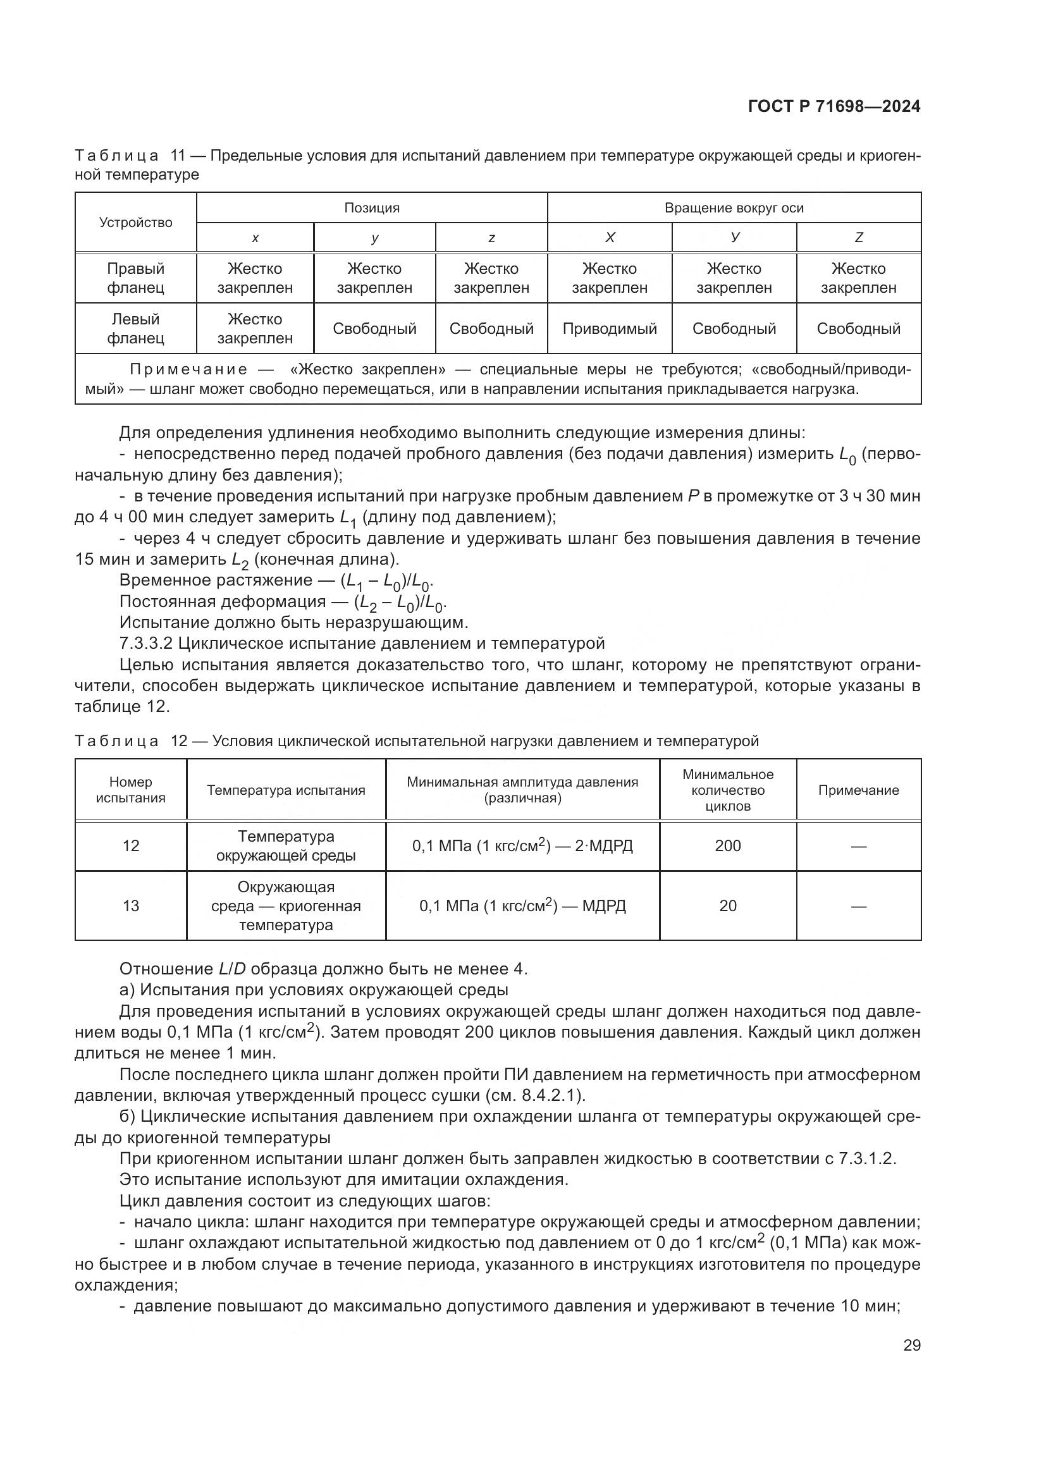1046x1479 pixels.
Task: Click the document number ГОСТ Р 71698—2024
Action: click(x=834, y=107)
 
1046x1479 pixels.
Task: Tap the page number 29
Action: click(x=911, y=1344)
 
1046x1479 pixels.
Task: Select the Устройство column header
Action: click(x=136, y=223)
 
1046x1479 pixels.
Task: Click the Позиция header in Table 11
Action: click(x=372, y=208)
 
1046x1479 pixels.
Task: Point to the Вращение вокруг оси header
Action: click(x=734, y=208)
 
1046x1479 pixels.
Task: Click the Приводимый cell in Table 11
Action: click(x=609, y=329)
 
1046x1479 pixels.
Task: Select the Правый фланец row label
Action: click(x=136, y=278)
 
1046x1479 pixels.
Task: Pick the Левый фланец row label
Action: click(x=136, y=329)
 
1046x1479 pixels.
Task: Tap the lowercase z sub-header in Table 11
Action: click(x=491, y=238)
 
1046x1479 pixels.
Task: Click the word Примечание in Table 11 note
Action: click(x=188, y=370)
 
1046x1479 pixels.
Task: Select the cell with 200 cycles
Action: click(x=728, y=846)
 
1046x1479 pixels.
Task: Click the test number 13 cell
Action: click(x=131, y=905)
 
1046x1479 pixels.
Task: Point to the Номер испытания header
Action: click(x=131, y=790)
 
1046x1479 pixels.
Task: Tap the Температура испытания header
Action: click(x=286, y=790)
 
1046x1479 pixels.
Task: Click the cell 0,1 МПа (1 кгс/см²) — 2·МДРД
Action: click(x=522, y=846)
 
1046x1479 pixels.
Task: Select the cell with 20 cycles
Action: click(x=728, y=905)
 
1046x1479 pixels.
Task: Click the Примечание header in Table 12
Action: click(x=859, y=790)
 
